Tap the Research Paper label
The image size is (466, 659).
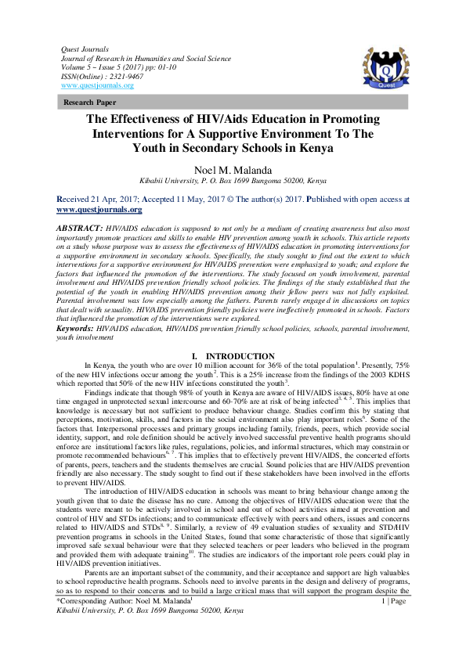(91, 103)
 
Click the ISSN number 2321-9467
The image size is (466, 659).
(114, 77)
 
